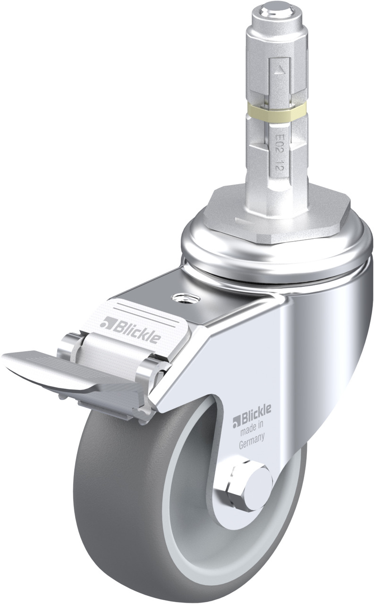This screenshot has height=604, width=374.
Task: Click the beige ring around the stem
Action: [276, 110]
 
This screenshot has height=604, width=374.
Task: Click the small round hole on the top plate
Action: [186, 298]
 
